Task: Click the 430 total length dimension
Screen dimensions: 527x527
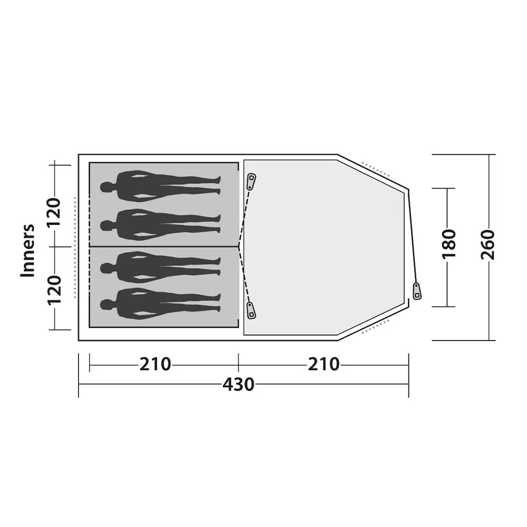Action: (x=238, y=385)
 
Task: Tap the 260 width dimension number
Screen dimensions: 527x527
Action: (x=488, y=245)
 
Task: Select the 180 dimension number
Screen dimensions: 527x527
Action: (x=448, y=245)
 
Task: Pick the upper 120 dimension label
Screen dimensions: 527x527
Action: (x=54, y=213)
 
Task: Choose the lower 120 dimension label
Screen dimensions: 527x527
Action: (x=54, y=290)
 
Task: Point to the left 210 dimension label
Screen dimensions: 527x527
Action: (x=155, y=364)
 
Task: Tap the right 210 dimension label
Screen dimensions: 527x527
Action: (x=324, y=364)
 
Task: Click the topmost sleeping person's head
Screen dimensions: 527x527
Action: (x=105, y=187)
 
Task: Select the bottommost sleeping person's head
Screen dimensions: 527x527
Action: (x=105, y=305)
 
